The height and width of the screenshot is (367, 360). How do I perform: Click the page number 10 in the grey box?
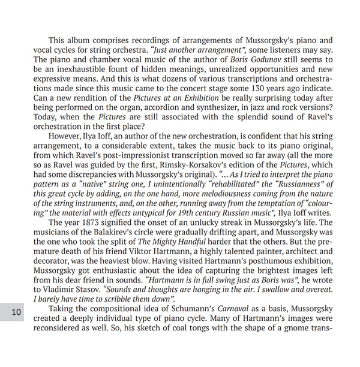[16, 312]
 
